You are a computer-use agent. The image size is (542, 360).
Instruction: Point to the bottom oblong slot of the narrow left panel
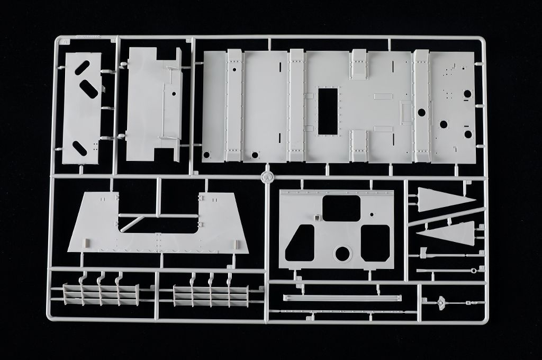click(x=82, y=146)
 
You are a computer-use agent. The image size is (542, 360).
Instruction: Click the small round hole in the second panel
click(x=173, y=94)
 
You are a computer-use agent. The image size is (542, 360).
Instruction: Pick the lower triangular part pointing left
click(x=447, y=232)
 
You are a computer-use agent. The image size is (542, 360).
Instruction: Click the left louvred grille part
click(x=101, y=294)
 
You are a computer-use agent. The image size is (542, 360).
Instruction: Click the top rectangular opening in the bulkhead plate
click(x=341, y=208)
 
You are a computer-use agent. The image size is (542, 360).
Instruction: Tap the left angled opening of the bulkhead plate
click(x=300, y=243)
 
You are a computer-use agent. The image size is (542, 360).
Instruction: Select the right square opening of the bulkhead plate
click(x=376, y=243)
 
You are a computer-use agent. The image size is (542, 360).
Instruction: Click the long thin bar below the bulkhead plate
click(x=342, y=298)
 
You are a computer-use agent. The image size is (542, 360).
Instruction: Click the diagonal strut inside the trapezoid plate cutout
click(x=132, y=222)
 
